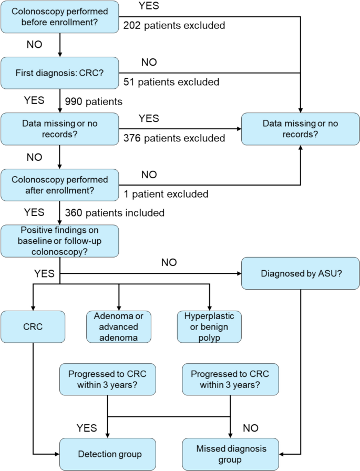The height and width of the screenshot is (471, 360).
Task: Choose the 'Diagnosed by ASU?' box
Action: pyautogui.click(x=300, y=274)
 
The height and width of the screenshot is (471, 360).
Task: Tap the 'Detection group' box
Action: pyautogui.click(x=108, y=454)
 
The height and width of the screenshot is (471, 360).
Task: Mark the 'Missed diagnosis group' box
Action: pyautogui.click(x=231, y=454)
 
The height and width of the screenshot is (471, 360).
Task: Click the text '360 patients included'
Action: pyautogui.click(x=115, y=212)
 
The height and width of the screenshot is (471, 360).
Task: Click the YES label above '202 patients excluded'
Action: pyautogui.click(x=148, y=6)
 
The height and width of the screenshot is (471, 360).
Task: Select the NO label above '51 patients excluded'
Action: pyautogui.click(x=149, y=63)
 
